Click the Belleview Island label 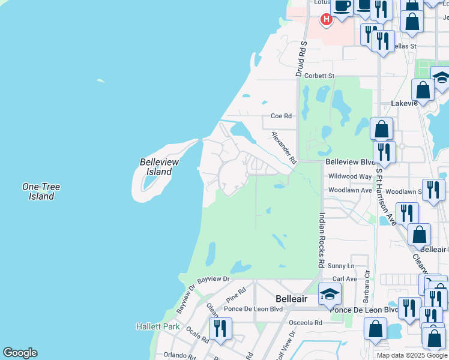[156, 167]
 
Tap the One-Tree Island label [41, 191]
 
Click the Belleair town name [291, 298]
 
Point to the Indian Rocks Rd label [321, 240]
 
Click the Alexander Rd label [283, 148]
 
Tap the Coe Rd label [281, 116]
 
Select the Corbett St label [319, 76]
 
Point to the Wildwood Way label [350, 176]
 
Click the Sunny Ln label [342, 266]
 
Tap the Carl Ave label [345, 279]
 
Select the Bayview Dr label [214, 279]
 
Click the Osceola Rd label [301, 322]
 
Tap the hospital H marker [326, 20]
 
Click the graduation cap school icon [329, 294]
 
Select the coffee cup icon [342, 6]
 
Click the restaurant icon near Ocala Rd [220, 328]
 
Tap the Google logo [20, 353]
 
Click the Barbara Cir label [366, 289]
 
